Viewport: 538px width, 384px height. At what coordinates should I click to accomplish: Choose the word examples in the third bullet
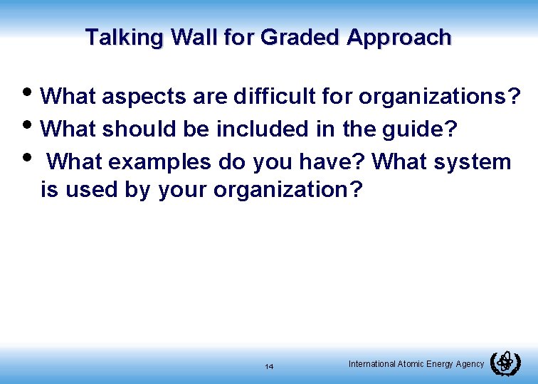[161, 162]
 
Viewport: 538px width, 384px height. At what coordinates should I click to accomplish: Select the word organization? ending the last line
[288, 190]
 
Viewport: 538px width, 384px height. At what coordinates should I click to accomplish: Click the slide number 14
[269, 366]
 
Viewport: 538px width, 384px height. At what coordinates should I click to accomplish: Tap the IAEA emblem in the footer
[506, 363]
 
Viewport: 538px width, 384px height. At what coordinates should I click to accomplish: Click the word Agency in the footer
[469, 364]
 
